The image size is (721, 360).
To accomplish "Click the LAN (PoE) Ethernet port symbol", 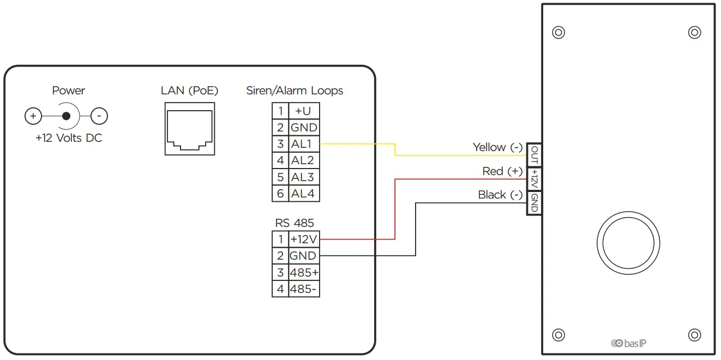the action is click(190, 129).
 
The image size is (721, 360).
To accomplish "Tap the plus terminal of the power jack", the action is click(33, 116).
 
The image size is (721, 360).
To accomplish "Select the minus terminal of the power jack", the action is click(99, 116).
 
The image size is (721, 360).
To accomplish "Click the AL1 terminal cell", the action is click(304, 144).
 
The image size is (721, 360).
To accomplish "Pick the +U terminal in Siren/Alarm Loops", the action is click(304, 111).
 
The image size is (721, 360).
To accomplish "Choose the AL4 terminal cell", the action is click(304, 194).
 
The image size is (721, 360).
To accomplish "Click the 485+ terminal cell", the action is click(304, 272).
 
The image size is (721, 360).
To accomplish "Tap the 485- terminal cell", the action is click(304, 289).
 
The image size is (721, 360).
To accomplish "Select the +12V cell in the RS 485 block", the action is click(304, 239).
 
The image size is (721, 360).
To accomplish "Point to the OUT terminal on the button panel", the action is click(534, 155).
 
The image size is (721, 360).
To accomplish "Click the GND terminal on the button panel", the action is click(534, 203).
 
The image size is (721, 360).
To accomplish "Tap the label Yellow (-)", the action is click(497, 147).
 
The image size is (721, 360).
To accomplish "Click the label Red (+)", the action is click(502, 171).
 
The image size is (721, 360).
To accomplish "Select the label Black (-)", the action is click(500, 195).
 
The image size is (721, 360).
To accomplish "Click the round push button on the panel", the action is click(628, 243).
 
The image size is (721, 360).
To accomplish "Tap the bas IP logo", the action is click(628, 343).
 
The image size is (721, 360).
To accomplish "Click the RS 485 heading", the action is click(295, 223).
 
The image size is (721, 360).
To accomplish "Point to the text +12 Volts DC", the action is click(69, 138).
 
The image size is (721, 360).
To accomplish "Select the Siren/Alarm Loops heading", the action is click(295, 91).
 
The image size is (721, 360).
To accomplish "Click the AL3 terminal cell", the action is click(304, 177).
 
